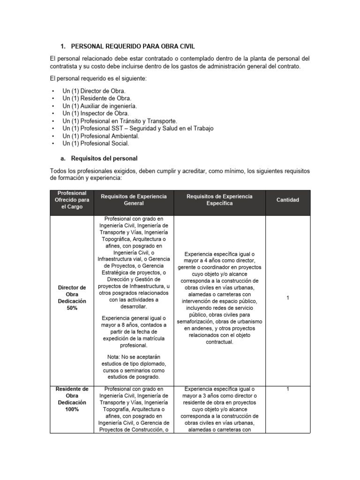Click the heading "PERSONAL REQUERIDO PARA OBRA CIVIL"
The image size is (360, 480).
click(132, 46)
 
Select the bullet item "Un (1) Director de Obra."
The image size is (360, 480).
click(94, 90)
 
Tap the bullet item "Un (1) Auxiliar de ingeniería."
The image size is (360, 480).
click(100, 106)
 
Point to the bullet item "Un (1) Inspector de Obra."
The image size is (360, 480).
click(96, 113)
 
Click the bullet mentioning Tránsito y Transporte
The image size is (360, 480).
click(120, 121)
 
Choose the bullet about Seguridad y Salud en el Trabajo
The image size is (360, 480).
click(137, 128)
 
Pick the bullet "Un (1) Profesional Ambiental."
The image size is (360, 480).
click(101, 136)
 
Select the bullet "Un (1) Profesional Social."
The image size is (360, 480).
click(95, 143)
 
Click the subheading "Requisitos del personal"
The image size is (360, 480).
click(104, 158)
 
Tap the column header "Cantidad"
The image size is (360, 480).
click(287, 200)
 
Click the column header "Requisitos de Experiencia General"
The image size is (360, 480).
click(134, 200)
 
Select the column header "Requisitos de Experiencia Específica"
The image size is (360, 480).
click(219, 200)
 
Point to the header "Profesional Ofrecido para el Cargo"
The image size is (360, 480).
click(72, 200)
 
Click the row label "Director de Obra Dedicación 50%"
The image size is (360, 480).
click(72, 298)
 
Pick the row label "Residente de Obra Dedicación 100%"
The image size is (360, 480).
click(72, 399)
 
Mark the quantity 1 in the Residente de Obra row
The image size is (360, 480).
click(288, 389)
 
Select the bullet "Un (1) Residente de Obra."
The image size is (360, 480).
click(97, 98)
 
